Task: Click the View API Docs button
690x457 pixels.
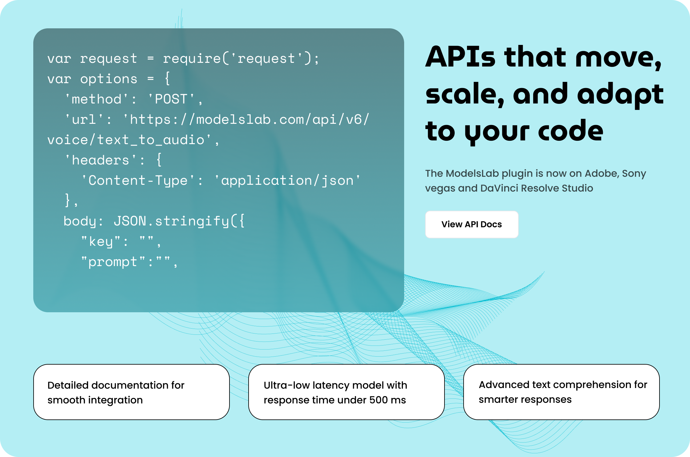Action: point(472,224)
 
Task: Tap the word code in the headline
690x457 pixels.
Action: point(570,131)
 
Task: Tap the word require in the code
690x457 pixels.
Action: point(192,59)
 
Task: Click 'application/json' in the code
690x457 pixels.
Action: point(287,180)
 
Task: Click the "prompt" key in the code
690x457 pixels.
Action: point(113,262)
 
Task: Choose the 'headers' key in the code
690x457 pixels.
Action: point(100,160)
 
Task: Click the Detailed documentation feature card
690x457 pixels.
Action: point(132,392)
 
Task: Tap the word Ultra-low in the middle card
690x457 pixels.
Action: point(286,385)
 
